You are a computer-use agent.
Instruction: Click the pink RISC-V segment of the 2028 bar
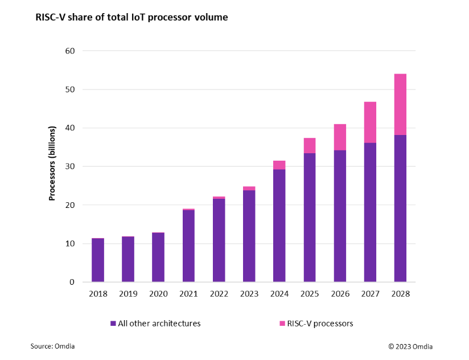pos(400,104)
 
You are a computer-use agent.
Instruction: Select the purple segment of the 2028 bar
pos(400,208)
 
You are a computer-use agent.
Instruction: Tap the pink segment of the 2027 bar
pos(370,122)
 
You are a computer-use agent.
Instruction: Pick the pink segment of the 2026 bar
pos(340,137)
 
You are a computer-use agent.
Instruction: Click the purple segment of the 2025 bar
pos(310,217)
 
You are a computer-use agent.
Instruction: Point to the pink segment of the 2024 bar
pos(279,165)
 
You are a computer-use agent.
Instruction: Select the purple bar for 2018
pos(98,260)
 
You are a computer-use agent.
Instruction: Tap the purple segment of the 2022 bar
pos(219,240)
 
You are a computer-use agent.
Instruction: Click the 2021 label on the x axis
pos(188,294)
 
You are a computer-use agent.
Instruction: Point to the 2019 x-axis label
pos(128,294)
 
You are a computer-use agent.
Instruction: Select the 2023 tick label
pos(249,294)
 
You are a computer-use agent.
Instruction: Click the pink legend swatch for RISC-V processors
pos(283,324)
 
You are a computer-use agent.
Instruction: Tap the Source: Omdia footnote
pos(53,346)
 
